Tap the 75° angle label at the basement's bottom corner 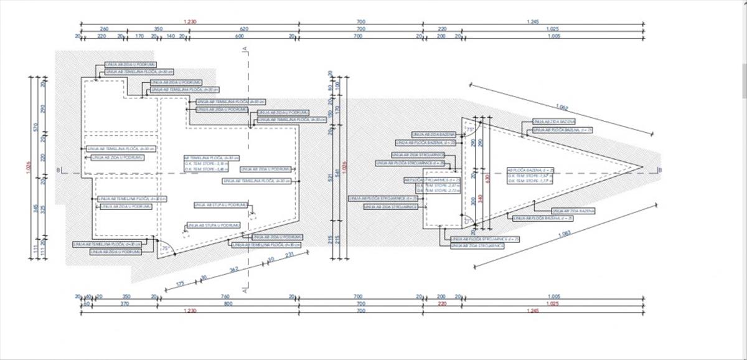[165, 249]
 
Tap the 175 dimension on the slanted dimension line [181, 284]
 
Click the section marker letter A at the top [246, 49]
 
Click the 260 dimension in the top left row [104, 29]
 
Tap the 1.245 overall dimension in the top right [532, 22]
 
